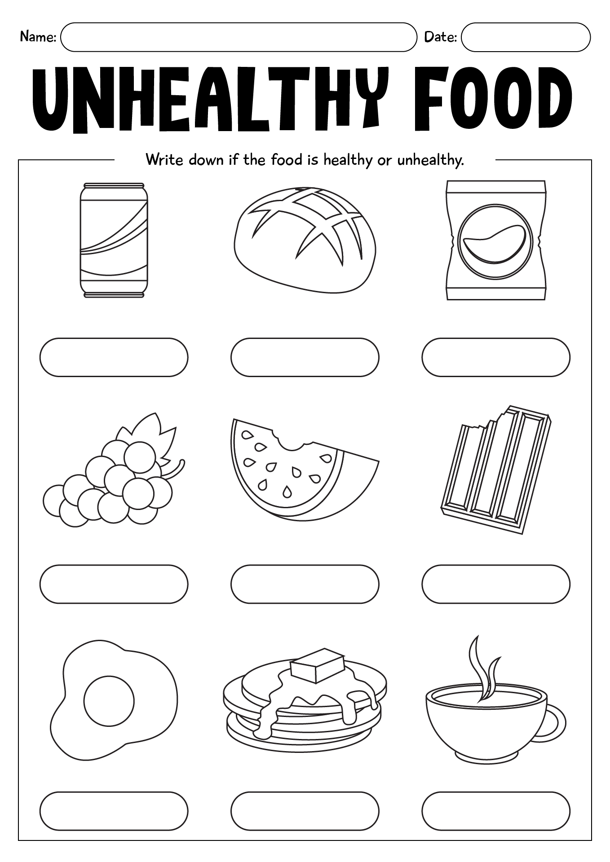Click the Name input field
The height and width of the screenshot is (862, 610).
tap(238, 37)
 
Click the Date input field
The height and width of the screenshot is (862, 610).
tap(526, 37)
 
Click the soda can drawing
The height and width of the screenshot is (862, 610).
tap(114, 240)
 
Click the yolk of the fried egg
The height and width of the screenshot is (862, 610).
tap(109, 700)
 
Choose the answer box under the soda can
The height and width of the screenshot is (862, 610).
tap(114, 357)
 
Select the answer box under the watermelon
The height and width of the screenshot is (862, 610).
tap(305, 584)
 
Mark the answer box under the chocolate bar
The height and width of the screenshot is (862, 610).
tap(495, 584)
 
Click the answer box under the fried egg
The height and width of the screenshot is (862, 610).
tap(114, 811)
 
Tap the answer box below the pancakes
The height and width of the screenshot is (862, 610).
tap(305, 811)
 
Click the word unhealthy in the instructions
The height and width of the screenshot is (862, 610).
tap(430, 160)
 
